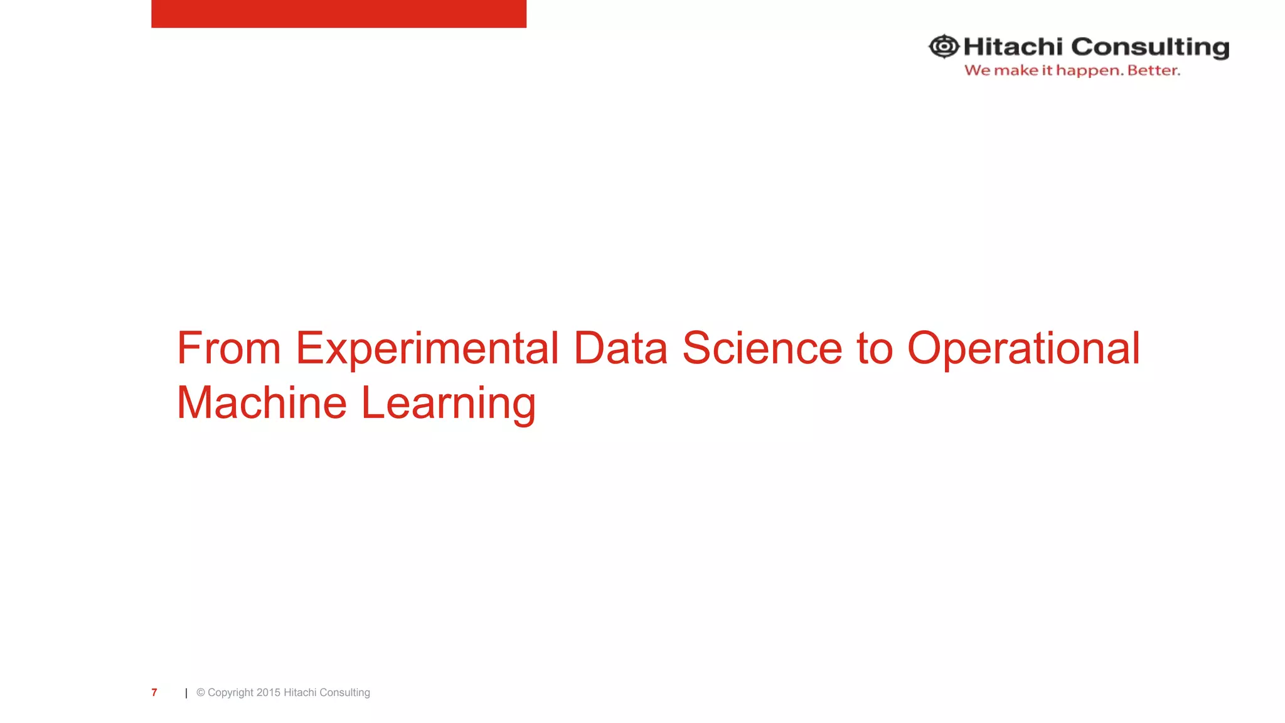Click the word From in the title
click(228, 348)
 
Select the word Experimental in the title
click(427, 348)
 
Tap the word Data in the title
click(620, 348)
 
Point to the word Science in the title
click(762, 348)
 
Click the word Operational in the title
click(1023, 348)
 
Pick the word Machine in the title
click(262, 403)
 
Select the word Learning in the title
click(448, 403)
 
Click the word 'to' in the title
click(875, 348)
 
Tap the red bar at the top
click(339, 13)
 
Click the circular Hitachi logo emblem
click(944, 46)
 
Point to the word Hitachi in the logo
click(1013, 46)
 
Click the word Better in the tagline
click(1153, 70)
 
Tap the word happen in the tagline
click(1089, 71)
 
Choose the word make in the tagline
click(1016, 70)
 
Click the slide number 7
click(154, 692)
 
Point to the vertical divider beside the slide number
click(186, 693)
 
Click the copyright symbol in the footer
click(201, 692)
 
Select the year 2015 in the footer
click(269, 692)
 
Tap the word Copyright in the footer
click(230, 692)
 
